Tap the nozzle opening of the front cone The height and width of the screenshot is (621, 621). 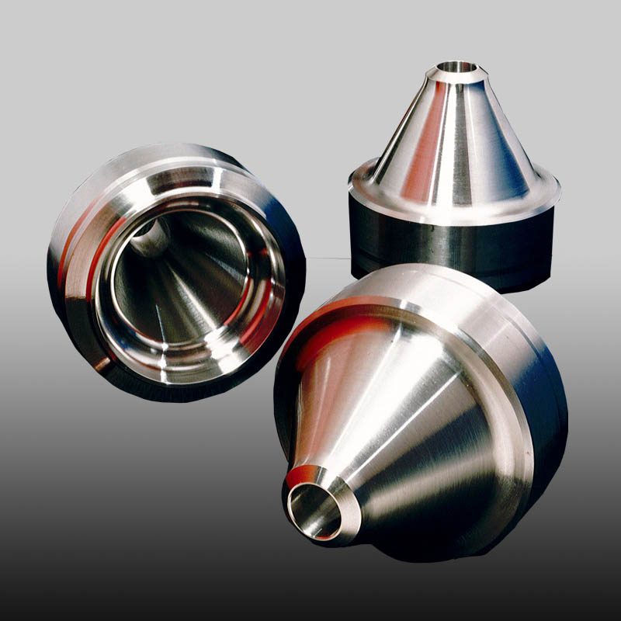click(x=314, y=508)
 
